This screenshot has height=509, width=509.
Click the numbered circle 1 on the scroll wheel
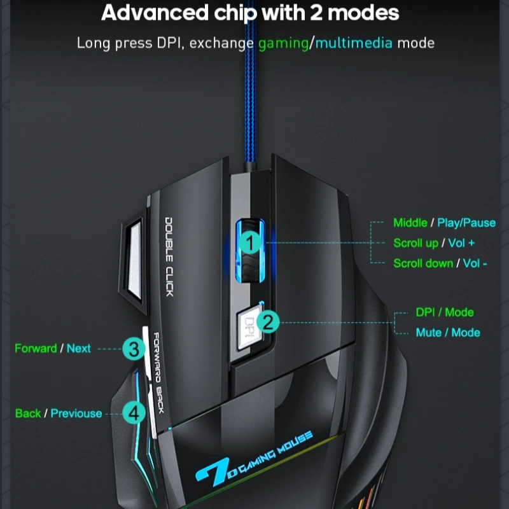point(250,242)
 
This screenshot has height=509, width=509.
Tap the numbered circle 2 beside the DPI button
point(268,322)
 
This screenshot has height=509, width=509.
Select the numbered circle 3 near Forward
point(133,349)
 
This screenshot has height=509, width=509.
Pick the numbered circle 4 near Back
point(133,414)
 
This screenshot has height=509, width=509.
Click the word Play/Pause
point(466,223)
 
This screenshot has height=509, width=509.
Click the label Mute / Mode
point(447,333)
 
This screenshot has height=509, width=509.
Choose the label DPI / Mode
point(444,312)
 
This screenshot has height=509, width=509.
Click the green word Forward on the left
point(36,349)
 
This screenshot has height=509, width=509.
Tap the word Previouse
point(76,414)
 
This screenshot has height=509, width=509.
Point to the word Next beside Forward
point(79,349)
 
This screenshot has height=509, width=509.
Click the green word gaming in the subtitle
point(283,43)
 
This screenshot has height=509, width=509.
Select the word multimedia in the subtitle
point(354,43)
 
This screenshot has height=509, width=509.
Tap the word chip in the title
point(227,13)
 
